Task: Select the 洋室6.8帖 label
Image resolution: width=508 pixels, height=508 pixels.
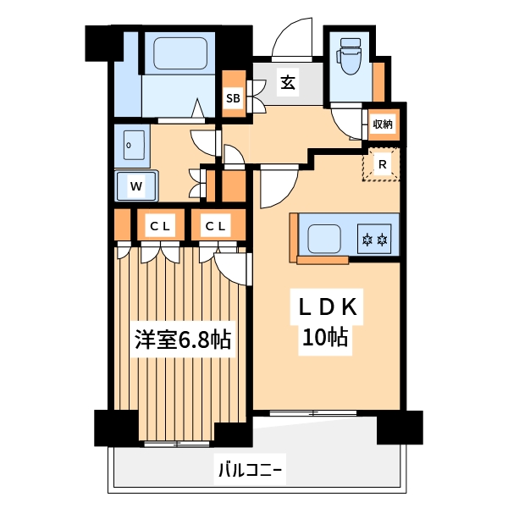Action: (182, 340)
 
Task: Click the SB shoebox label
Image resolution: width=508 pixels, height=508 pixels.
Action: (233, 98)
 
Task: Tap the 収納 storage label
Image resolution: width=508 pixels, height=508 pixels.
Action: (383, 124)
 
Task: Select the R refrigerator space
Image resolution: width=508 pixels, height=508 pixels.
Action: (383, 164)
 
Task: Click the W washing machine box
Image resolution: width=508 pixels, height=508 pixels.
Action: (135, 185)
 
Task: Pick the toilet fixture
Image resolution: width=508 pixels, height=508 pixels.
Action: (349, 58)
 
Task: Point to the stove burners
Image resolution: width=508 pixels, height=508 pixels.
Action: (374, 240)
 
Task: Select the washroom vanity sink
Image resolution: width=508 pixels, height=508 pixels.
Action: (131, 146)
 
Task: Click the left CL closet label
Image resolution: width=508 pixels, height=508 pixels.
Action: (161, 226)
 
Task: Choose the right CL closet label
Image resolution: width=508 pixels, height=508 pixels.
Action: (217, 226)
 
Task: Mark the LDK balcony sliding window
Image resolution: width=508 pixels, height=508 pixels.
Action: (313, 413)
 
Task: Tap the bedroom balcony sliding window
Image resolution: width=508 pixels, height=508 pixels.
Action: (176, 444)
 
